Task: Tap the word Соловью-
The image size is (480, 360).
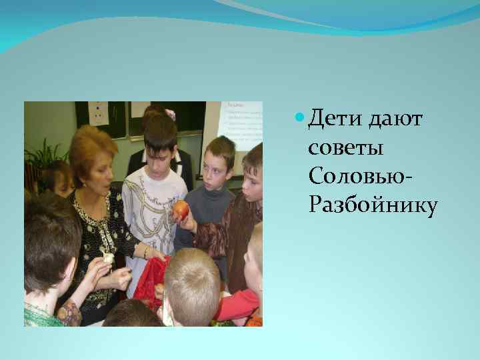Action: pos(361,177)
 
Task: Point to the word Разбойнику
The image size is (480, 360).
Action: pos(373,206)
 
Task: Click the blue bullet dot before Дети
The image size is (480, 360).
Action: pos(299,119)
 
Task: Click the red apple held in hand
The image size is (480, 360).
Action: pos(181,211)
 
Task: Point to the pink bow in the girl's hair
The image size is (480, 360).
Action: pos(170,114)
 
